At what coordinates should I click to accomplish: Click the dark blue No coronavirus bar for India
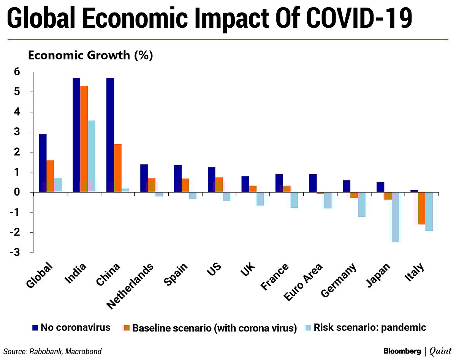tap(76, 135)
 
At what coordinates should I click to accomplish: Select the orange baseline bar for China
tap(118, 168)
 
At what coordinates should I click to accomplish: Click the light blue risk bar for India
tap(92, 156)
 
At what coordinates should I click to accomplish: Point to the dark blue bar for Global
tap(43, 163)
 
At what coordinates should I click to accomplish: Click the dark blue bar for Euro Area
tap(313, 183)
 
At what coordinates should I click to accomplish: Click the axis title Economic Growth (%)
tap(90, 55)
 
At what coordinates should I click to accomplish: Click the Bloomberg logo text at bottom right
tap(402, 351)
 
